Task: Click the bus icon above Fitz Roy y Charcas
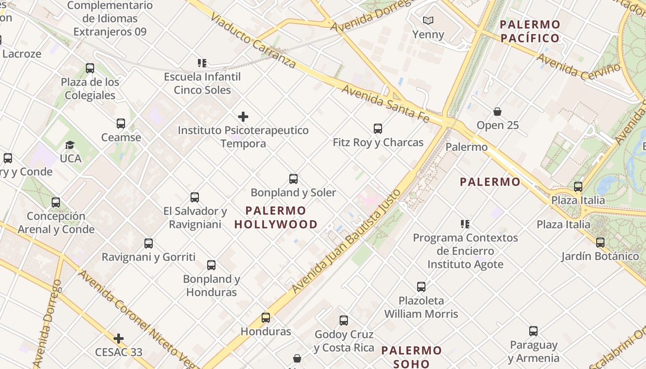tap(378, 129)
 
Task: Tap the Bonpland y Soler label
tap(293, 192)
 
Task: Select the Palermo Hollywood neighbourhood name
tap(276, 218)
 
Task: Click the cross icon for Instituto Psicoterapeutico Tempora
tap(243, 117)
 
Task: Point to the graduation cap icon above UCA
tap(70, 145)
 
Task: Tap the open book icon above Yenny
tap(428, 21)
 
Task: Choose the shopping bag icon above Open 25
tap(497, 112)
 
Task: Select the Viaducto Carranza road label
tap(253, 41)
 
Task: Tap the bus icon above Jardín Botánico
tap(600, 243)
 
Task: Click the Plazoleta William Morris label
tap(421, 307)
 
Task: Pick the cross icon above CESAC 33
tap(119, 339)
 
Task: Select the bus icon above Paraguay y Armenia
tap(533, 331)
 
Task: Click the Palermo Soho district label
tap(412, 357)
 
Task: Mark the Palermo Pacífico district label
tap(530, 31)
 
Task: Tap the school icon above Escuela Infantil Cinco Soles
tap(202, 63)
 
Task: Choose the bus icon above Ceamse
tap(121, 124)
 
